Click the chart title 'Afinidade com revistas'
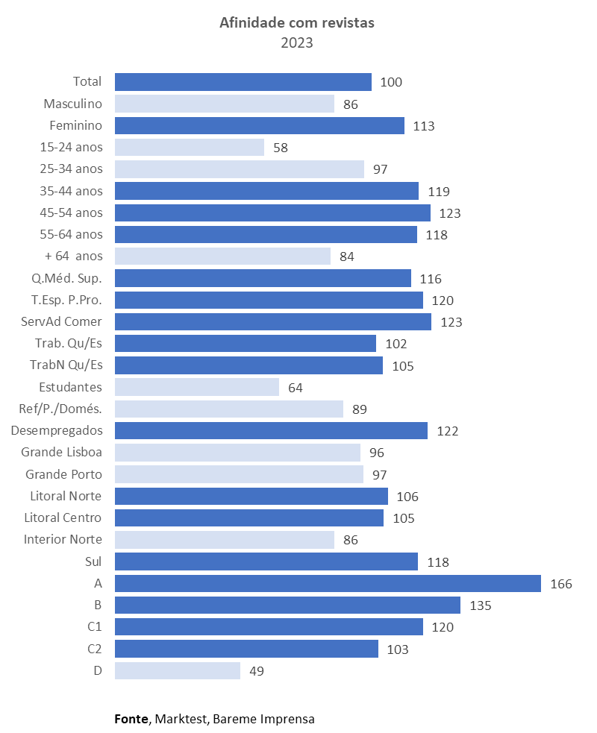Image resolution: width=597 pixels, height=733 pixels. point(297,23)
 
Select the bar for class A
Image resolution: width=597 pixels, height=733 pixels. point(328,583)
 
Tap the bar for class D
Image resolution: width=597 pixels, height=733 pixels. point(178,670)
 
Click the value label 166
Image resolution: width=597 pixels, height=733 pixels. point(561,584)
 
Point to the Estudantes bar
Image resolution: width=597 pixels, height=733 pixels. point(197,387)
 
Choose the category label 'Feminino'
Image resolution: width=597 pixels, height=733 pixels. point(76,125)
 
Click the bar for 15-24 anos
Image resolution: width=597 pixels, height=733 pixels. point(190,147)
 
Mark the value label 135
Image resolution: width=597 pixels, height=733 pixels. point(481,605)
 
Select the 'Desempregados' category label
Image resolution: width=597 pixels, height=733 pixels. point(57,430)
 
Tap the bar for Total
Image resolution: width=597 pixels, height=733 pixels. point(243,82)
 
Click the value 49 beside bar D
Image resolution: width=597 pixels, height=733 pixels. point(257,670)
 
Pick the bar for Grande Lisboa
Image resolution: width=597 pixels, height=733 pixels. point(237,453)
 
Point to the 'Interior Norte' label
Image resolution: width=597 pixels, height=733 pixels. point(63,539)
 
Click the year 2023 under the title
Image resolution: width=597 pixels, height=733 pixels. point(297,43)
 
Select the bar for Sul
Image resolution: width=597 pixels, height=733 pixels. point(266,561)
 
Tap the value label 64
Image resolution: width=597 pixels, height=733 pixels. point(296,388)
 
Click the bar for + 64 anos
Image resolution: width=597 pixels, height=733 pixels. point(222,257)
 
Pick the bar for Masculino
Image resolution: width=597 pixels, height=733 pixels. point(225,104)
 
